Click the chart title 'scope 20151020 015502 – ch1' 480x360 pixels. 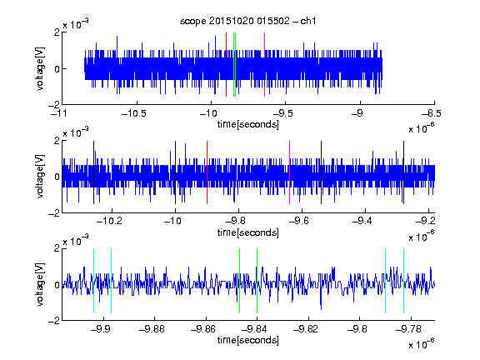pyautogui.click(x=247, y=21)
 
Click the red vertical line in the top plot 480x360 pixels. pyautogui.click(x=226, y=65)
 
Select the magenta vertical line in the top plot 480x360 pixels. pyautogui.click(x=264, y=65)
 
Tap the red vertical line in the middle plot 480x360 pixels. pyautogui.click(x=207, y=172)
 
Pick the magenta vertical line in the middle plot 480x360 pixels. pyautogui.click(x=290, y=172)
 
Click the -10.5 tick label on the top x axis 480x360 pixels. pyautogui.click(x=134, y=113)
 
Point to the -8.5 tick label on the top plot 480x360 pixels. pyautogui.click(x=432, y=113)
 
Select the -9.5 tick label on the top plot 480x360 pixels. pyautogui.click(x=282, y=113)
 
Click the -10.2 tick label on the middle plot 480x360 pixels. pyautogui.click(x=109, y=221)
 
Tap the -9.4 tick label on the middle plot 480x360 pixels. pyautogui.click(x=362, y=221)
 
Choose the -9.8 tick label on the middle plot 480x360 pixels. pyautogui.click(x=236, y=221)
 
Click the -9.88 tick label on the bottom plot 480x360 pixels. pyautogui.click(x=152, y=329)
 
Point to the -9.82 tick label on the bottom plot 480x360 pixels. pyautogui.click(x=306, y=329)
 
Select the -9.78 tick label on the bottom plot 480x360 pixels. pyautogui.click(x=408, y=329)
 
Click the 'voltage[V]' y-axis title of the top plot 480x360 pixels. pyautogui.click(x=40, y=68)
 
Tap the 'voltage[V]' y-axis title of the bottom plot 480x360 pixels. pyautogui.click(x=40, y=284)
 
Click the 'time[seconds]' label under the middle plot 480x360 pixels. pyautogui.click(x=248, y=232)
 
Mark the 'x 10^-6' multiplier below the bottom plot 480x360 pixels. pyautogui.click(x=422, y=344)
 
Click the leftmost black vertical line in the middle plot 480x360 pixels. pyautogui.click(x=93, y=172)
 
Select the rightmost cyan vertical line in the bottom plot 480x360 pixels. pyautogui.click(x=404, y=280)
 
